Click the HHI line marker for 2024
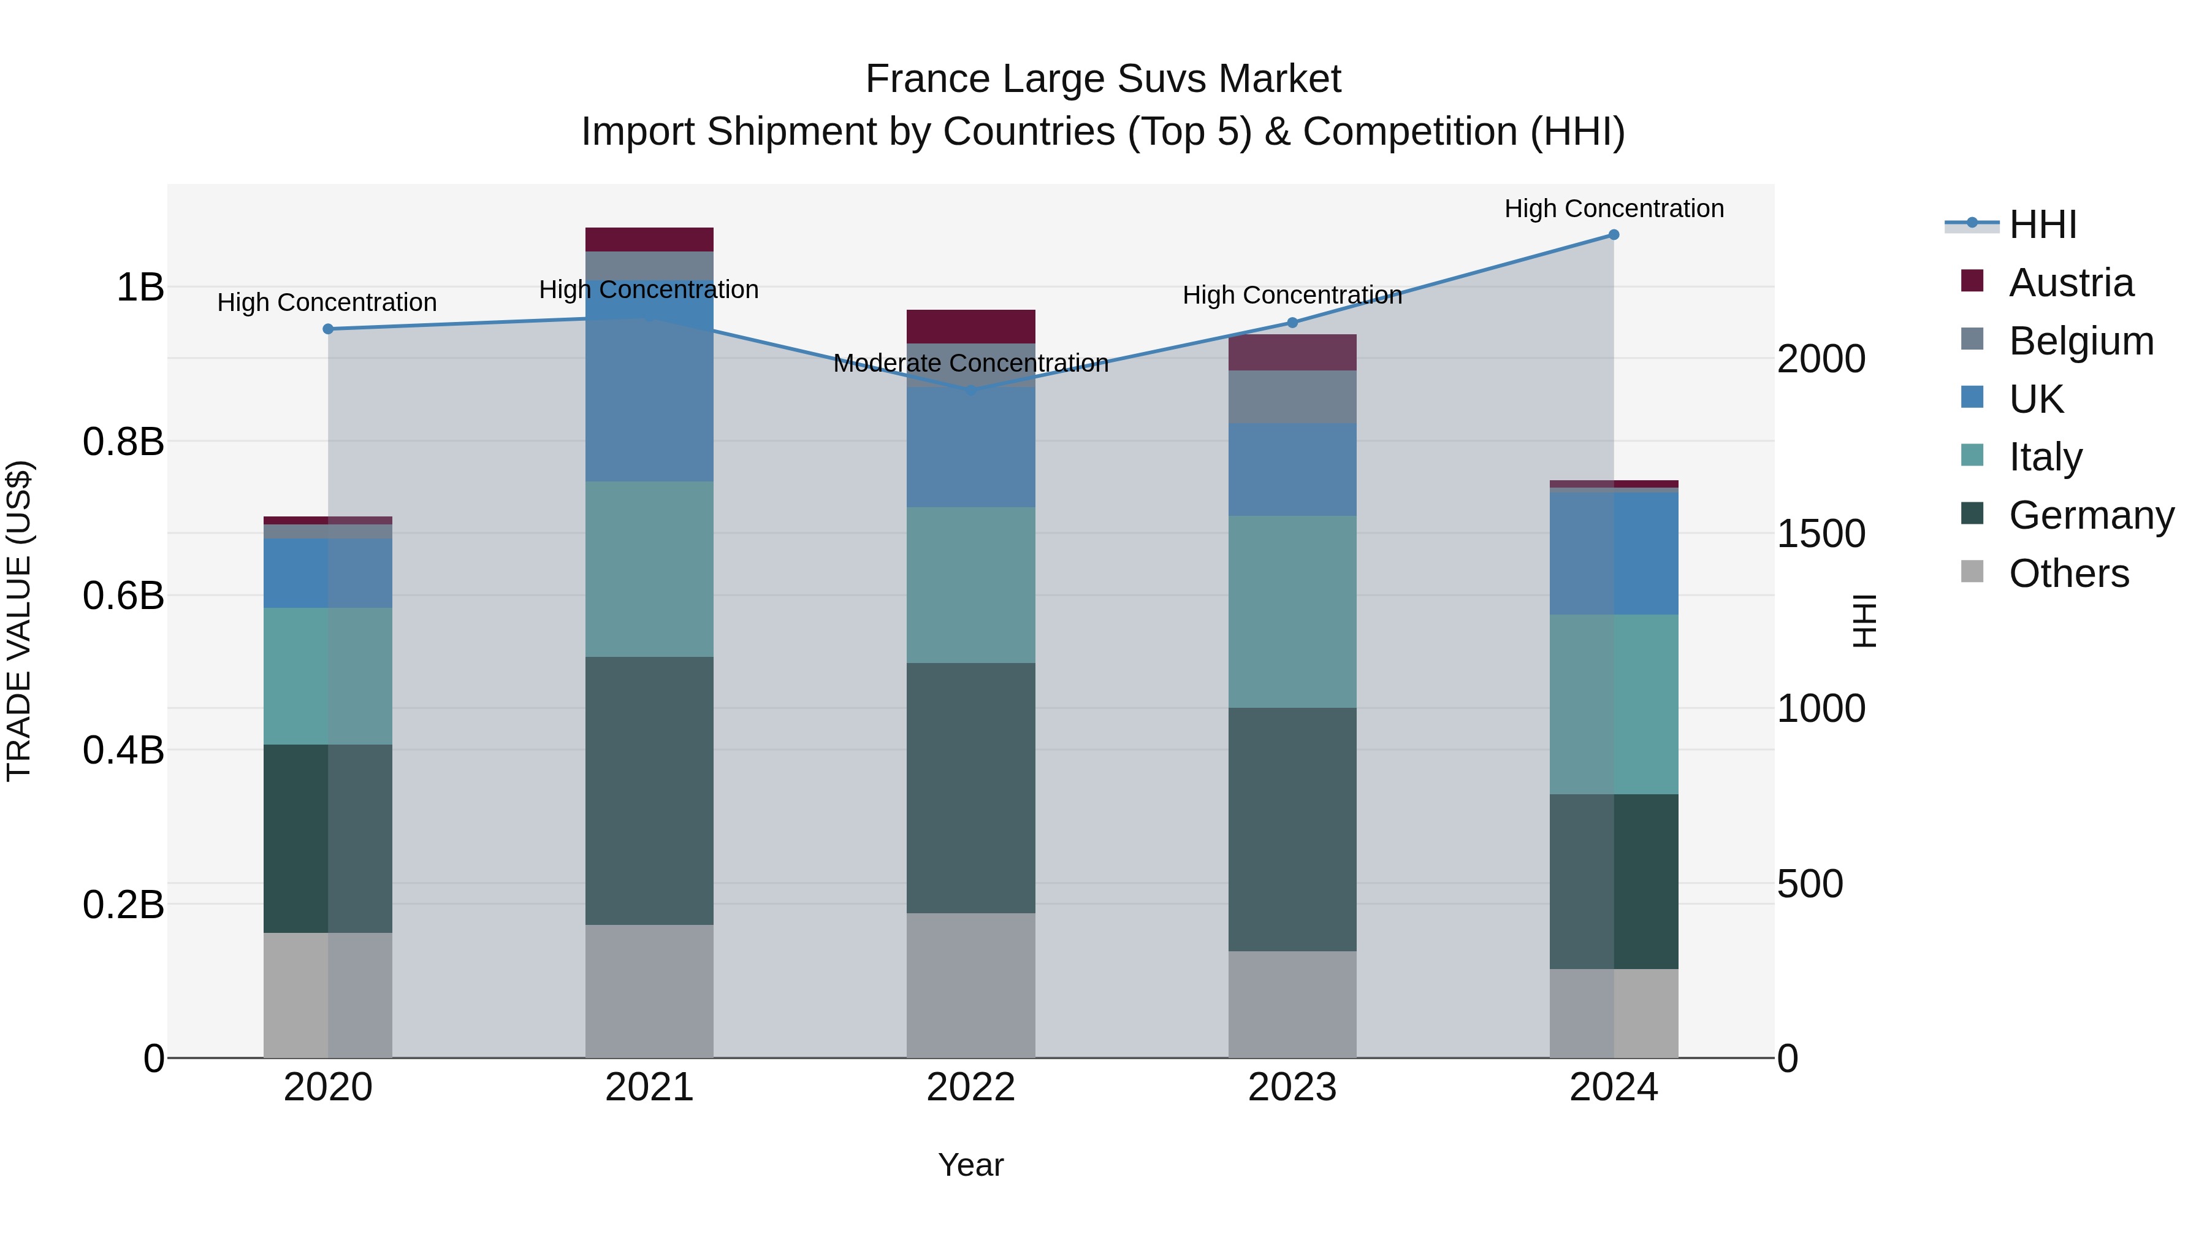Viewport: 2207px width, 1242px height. [1614, 235]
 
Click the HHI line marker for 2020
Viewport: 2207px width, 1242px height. [328, 329]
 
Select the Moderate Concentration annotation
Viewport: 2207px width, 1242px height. [970, 364]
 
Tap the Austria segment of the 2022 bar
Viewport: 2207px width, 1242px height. [970, 326]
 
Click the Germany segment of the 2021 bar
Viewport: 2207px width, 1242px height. [649, 791]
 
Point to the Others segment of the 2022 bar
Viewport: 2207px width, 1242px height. [970, 985]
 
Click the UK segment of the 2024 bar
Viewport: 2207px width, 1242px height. [1614, 554]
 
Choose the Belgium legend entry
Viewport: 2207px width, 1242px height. [2080, 341]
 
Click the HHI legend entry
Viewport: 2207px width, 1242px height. [2043, 224]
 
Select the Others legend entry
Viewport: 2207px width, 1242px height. [2068, 573]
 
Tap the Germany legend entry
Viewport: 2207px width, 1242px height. [2091, 515]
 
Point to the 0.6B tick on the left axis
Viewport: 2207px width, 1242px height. [123, 596]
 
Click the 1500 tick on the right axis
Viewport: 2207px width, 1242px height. [1821, 534]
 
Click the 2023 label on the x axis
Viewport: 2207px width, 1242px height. [1292, 1087]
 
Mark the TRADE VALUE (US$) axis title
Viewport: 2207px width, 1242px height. [19, 621]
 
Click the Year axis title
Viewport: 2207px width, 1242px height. [970, 1165]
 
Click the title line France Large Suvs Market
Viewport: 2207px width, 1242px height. [1103, 79]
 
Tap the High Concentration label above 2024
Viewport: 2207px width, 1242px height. [1614, 209]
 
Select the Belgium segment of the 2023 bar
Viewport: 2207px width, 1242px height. [1292, 396]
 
